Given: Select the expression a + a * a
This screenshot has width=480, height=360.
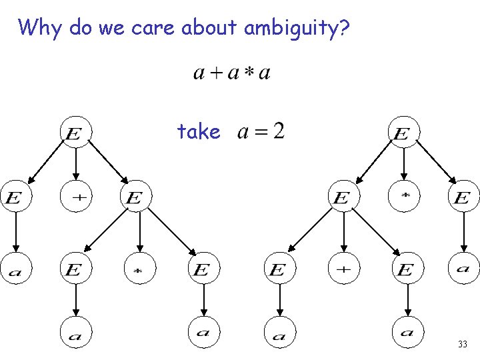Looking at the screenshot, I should (231, 72).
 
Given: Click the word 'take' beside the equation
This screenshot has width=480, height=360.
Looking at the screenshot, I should (199, 131).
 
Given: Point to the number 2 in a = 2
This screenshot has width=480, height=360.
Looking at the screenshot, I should (278, 131).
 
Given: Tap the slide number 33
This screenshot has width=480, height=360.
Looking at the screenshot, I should (462, 345).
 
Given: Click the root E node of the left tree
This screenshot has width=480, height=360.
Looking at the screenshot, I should (75, 133).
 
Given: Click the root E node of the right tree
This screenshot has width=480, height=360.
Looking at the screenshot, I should (403, 133).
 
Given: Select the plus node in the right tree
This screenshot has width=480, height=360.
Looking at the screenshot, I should (343, 269).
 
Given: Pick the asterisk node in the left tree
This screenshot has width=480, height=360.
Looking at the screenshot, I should (140, 269).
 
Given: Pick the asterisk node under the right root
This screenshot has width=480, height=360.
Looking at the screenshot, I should (404, 197).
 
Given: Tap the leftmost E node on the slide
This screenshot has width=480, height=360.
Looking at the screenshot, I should (15, 197).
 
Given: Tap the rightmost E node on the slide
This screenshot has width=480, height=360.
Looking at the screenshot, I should (463, 197).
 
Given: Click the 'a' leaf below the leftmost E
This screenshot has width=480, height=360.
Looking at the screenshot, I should (15, 269).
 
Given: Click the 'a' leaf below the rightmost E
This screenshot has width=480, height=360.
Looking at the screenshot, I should (463, 269).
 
